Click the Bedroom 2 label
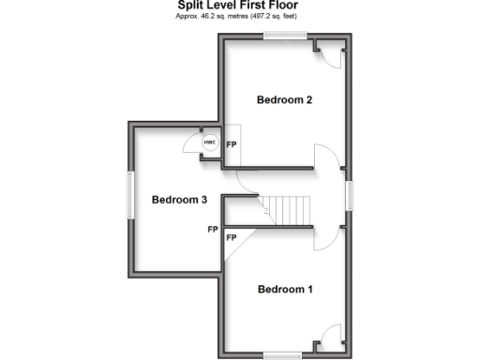coord(284,99)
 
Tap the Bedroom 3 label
coord(178,199)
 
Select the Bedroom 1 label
coord(284,289)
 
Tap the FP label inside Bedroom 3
coord(213,229)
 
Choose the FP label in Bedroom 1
coord(231,238)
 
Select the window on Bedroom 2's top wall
coord(285,36)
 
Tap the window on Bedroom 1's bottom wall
coord(282,354)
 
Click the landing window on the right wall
coord(350,196)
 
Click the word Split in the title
coord(194,5)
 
